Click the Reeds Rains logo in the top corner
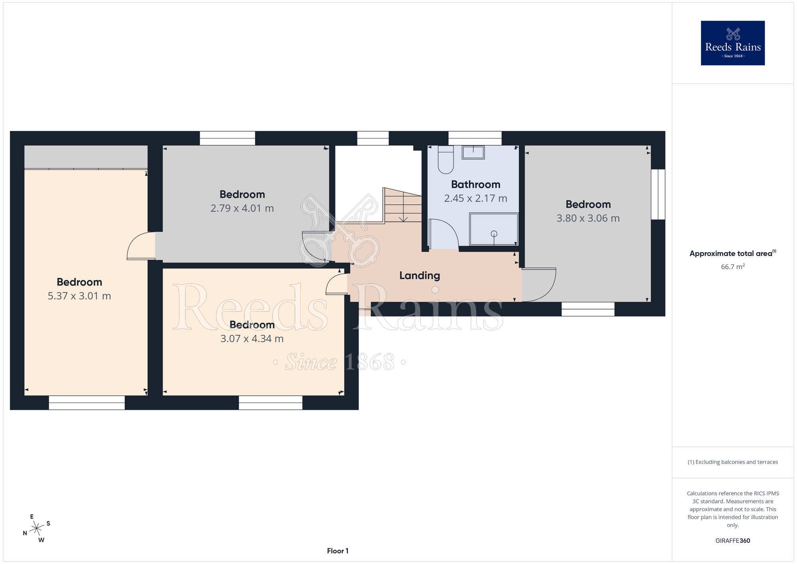tap(733, 43)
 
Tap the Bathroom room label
tap(476, 185)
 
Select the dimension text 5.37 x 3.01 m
tap(79, 296)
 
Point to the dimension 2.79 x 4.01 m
tap(242, 208)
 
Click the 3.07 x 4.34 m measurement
tap(252, 339)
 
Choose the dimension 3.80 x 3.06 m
tap(588, 218)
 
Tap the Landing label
tap(420, 276)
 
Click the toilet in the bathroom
tap(446, 160)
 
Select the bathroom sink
tap(473, 152)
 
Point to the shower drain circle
tap(494, 234)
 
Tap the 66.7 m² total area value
tap(733, 266)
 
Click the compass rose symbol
tap(37, 529)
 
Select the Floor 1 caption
tap(338, 551)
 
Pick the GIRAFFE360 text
tap(733, 541)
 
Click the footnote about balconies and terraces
tap(733, 462)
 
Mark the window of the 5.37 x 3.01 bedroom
tap(87, 402)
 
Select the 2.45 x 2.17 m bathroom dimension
tap(476, 198)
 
